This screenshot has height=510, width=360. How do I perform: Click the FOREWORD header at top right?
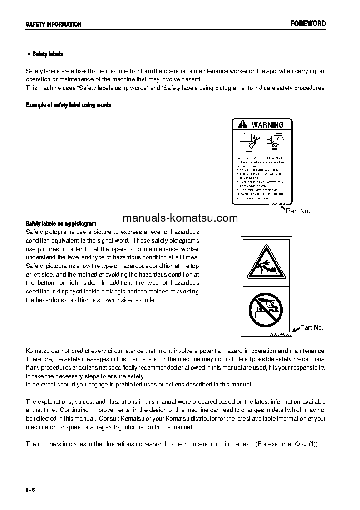pyautogui.click(x=308, y=24)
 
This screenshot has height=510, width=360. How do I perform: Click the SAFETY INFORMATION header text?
pyautogui.click(x=54, y=25)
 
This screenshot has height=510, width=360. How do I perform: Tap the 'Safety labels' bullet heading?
pyautogui.click(x=48, y=54)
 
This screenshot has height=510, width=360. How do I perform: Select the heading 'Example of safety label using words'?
pyautogui.click(x=69, y=105)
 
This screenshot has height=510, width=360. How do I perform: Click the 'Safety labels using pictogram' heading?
pyautogui.click(x=61, y=223)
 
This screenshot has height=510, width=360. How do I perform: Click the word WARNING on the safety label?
pyautogui.click(x=267, y=124)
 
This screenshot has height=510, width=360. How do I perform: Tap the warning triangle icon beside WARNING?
pyautogui.click(x=242, y=124)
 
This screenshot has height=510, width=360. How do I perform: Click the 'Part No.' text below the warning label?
pyautogui.click(x=298, y=211)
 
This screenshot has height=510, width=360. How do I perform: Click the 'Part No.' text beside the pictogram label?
pyautogui.click(x=312, y=327)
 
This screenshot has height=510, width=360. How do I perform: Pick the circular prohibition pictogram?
pyautogui.click(x=266, y=309)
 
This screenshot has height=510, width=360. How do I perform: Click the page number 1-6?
pyautogui.click(x=30, y=489)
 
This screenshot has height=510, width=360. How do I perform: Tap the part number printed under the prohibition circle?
pyautogui.click(x=278, y=335)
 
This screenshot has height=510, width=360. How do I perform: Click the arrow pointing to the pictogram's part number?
pyautogui.click(x=296, y=331)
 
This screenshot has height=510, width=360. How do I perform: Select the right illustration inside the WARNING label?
pyautogui.click(x=275, y=141)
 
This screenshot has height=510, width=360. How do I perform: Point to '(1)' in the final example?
pyautogui.click(x=313, y=444)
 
